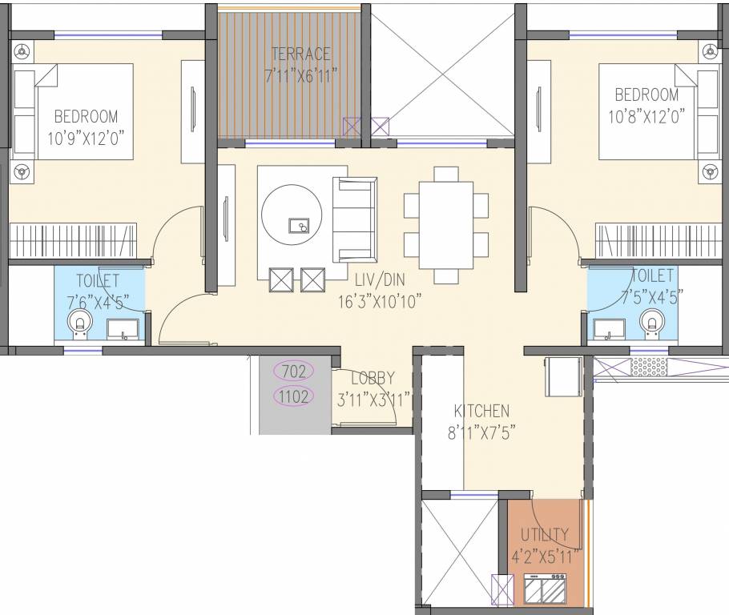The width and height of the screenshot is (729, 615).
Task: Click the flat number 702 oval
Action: click(x=294, y=371)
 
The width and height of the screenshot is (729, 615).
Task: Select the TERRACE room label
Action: click(x=300, y=54)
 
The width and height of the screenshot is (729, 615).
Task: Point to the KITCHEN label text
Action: click(x=481, y=411)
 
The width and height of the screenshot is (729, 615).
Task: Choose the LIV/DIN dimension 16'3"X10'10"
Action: click(x=379, y=301)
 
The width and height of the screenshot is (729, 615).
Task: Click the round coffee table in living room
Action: click(x=292, y=218)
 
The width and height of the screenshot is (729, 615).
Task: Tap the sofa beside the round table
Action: click(x=354, y=218)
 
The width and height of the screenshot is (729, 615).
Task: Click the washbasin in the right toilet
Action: click(x=610, y=328)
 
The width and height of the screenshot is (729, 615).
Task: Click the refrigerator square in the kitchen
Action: click(x=564, y=376)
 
